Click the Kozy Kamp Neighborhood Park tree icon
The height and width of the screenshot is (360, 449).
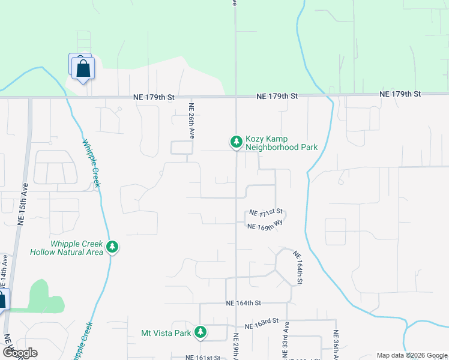coord(237,142)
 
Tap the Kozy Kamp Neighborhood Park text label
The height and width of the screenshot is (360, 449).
coord(281,142)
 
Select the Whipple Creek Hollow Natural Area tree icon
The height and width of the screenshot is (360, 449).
coord(112,247)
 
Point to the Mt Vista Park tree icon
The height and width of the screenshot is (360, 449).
coord(200,332)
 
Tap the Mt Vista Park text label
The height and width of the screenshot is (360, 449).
coord(166,333)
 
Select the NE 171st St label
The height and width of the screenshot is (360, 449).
coord(266,213)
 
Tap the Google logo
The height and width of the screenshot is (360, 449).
coord(20,353)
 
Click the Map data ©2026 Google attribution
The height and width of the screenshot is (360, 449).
coord(412,355)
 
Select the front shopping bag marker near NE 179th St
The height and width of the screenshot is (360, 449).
coord(83,68)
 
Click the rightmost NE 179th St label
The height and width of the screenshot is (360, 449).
coord(400,94)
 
